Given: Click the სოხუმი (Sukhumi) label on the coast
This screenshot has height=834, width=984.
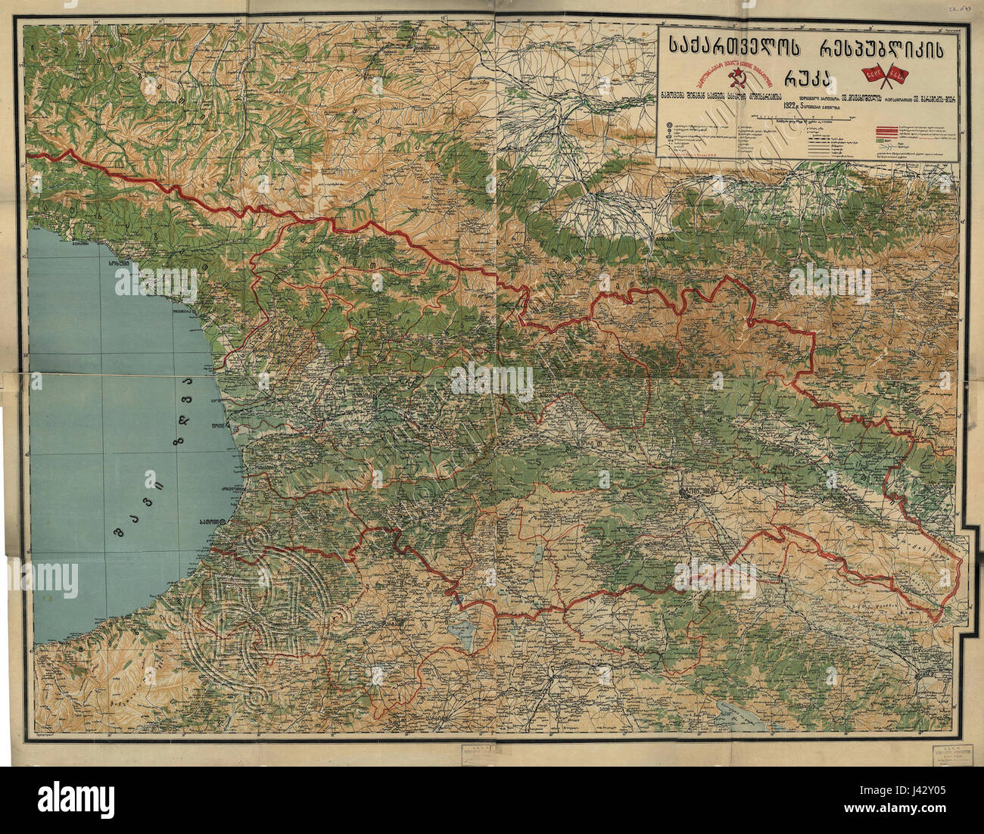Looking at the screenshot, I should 120,264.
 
